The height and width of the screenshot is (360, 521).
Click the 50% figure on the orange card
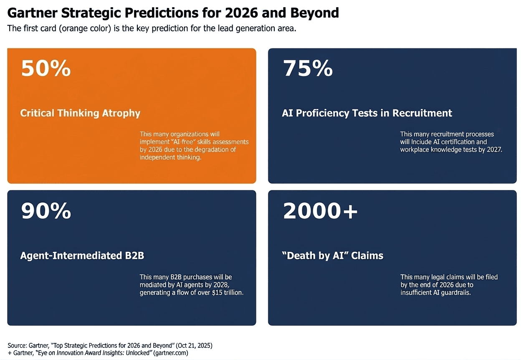click(x=46, y=68)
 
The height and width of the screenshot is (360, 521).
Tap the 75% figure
click(x=308, y=68)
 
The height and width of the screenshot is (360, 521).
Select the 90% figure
click(x=46, y=211)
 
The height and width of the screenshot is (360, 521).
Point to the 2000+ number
click(x=320, y=211)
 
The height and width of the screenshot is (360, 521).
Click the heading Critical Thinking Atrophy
click(x=80, y=113)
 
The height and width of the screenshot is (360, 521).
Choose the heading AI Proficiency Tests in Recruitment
click(x=367, y=113)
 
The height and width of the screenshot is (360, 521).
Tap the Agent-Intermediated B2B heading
click(x=82, y=256)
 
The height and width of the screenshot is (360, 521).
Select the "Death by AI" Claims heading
click(x=333, y=256)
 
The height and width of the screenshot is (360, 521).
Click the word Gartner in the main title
click(x=32, y=13)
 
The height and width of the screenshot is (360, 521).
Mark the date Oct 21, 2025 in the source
click(x=194, y=345)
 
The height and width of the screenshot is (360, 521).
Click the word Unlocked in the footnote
click(x=139, y=353)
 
